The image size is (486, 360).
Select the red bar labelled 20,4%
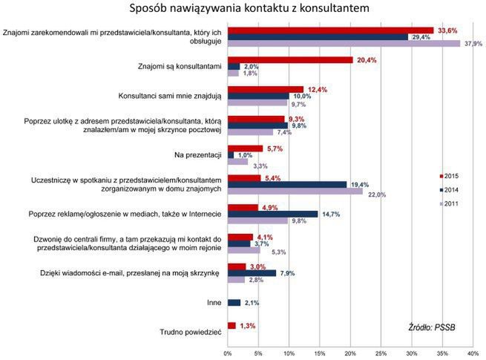click(290, 60)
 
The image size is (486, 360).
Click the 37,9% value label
click(473, 44)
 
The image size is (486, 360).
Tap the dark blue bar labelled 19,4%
click(287, 184)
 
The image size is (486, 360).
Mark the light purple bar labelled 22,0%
click(295, 191)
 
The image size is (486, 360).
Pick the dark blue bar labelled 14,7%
click(273, 214)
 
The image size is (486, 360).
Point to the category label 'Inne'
click(212, 302)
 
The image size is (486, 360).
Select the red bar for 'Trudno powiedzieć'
click(232, 325)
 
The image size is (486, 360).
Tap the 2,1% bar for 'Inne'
click(234, 302)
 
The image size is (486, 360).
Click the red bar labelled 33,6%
click(330, 30)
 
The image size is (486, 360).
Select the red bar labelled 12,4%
click(266, 89)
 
